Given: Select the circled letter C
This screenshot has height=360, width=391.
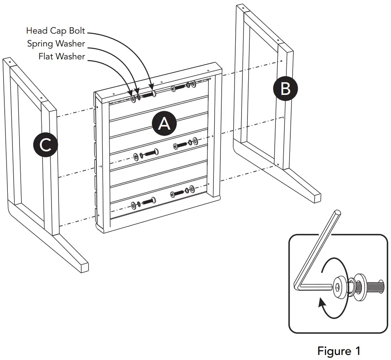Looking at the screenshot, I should coord(45,146).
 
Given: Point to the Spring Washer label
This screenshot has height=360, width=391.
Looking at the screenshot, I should coord(56,43).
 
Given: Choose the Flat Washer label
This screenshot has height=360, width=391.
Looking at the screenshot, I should coord(62,56).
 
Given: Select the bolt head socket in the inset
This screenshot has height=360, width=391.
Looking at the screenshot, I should coord(338,286).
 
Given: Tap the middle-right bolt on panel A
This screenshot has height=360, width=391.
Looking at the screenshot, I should coord(180,145).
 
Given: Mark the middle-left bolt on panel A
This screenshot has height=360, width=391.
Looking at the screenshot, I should coord(151,153).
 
